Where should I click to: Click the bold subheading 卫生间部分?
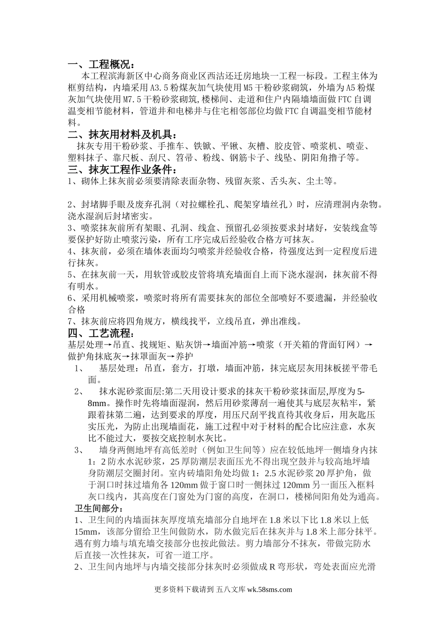[x=100, y=508]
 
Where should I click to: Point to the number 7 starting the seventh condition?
[x=70, y=322]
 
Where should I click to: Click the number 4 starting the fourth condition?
[x=70, y=252]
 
